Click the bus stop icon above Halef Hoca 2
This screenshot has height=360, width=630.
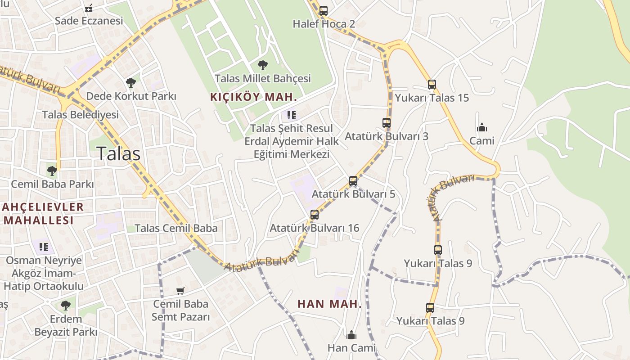tap(323, 11)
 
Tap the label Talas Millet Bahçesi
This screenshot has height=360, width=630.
tap(263, 78)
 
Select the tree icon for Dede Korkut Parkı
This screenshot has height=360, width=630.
tap(131, 82)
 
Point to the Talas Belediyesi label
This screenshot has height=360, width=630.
tap(81, 115)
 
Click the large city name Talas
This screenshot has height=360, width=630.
tap(118, 154)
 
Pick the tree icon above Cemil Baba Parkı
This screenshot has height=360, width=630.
tap(52, 171)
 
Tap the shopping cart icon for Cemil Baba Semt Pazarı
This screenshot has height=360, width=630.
tap(180, 291)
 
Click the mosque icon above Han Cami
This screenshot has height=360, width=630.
tap(351, 335)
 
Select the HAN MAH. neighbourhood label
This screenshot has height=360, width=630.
tap(330, 304)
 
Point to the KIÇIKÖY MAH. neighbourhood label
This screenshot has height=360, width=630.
tap(254, 97)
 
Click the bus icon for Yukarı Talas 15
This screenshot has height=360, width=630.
tap(432, 84)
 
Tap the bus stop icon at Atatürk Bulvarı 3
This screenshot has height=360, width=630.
tap(386, 122)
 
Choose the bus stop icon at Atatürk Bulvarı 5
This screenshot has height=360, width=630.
tap(353, 181)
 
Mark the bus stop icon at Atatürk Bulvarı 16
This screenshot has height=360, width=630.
tap(314, 215)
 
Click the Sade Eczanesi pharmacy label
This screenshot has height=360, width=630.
tap(89, 21)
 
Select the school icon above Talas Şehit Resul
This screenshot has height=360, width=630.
tap(292, 115)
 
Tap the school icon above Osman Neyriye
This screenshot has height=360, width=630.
tap(44, 247)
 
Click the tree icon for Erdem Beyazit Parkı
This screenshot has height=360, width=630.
tap(66, 306)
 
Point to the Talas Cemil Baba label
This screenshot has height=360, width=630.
tap(176, 228)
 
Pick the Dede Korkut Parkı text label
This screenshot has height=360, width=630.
tap(131, 96)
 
